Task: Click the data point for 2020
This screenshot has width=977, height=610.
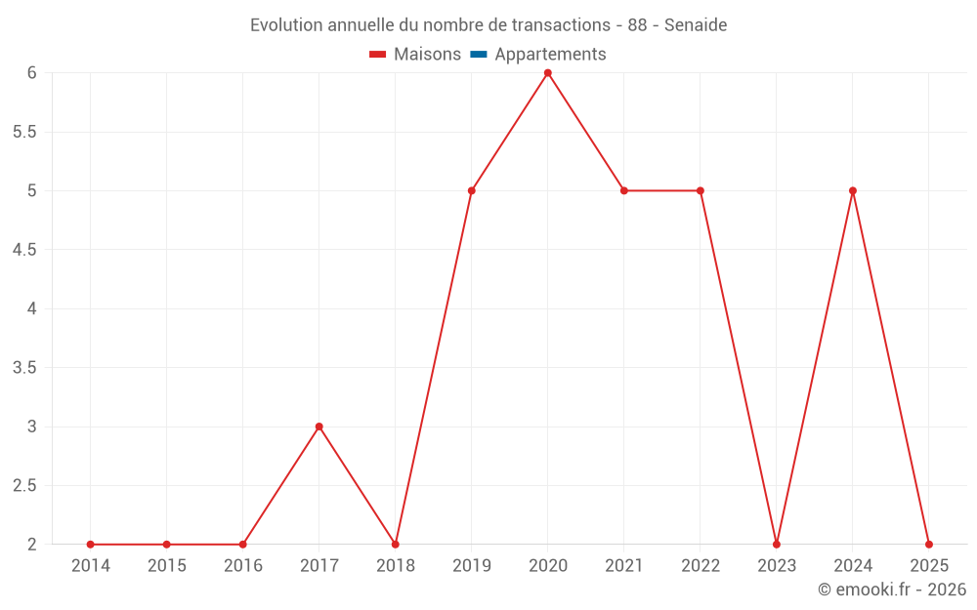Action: [x=548, y=73]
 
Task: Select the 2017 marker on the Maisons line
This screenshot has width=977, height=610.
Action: [x=319, y=427]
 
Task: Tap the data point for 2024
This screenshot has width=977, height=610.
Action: [x=853, y=190]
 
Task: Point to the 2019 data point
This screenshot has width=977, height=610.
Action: [x=472, y=190]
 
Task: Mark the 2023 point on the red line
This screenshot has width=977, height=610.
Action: [x=777, y=545]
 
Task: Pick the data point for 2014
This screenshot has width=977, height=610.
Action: [x=91, y=545]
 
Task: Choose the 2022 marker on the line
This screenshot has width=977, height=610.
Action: [x=701, y=190]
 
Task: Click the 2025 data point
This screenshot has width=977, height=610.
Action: [x=929, y=545]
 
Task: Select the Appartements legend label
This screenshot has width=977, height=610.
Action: [x=550, y=55]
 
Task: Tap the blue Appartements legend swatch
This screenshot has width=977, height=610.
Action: [x=478, y=55]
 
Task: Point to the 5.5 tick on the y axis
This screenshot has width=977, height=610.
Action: [x=24, y=132]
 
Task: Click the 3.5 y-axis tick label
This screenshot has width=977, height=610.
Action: [x=24, y=368]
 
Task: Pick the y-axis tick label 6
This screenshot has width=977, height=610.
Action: [x=31, y=73]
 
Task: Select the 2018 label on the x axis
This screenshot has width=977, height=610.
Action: [x=396, y=566]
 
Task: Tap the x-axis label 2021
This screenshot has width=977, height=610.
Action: [x=624, y=566]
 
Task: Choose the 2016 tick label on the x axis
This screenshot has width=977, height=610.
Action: [x=243, y=566]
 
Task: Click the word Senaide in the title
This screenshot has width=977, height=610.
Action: [x=696, y=25]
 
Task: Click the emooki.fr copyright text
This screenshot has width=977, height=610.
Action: [x=892, y=590]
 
